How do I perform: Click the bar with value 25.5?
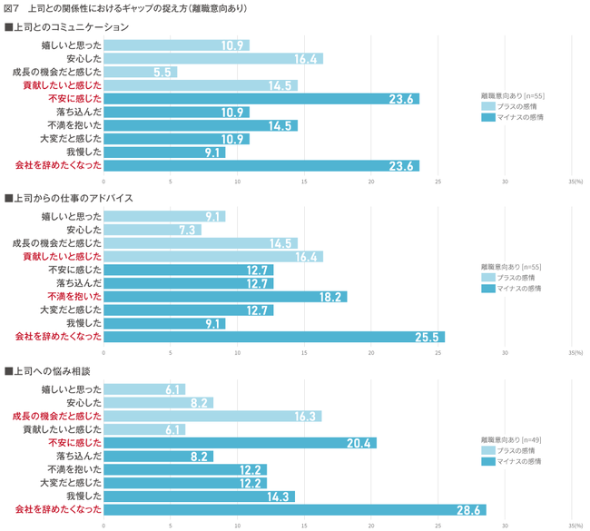(x=273, y=337)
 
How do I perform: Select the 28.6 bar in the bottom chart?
(x=294, y=510)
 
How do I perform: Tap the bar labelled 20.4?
(x=240, y=443)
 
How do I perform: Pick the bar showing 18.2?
(x=225, y=297)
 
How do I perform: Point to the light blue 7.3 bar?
(x=152, y=230)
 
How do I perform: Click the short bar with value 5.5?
(x=140, y=72)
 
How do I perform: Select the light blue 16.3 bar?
(x=212, y=417)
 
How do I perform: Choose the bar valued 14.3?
(x=199, y=497)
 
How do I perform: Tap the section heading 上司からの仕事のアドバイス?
(x=74, y=198)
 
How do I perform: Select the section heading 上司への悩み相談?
(x=54, y=372)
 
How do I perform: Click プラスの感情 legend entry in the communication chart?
(x=518, y=105)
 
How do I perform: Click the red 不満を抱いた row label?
(x=74, y=297)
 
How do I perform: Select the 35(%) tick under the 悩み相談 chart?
(x=575, y=525)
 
